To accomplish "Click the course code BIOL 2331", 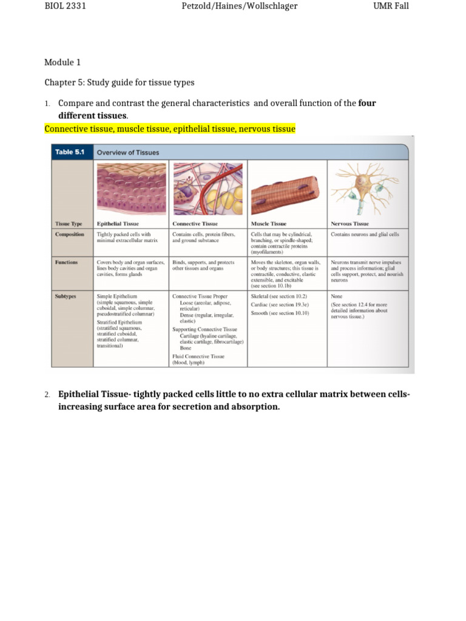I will (x=68, y=7).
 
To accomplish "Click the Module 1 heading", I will (x=62, y=62).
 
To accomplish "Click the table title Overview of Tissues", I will (x=128, y=152).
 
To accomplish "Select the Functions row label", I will (x=66, y=262).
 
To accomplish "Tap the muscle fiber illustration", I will (x=286, y=188).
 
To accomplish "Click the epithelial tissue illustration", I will (x=130, y=187).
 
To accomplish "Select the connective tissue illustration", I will (x=208, y=187).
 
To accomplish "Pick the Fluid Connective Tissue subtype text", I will (x=198, y=356).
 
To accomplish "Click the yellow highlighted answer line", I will (x=170, y=129).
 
